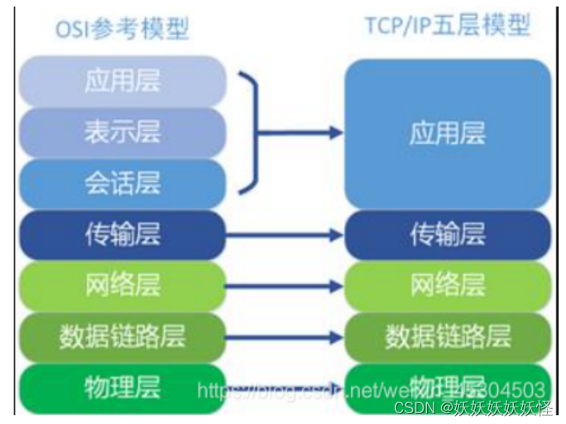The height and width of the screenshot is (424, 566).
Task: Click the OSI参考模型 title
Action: point(122,29)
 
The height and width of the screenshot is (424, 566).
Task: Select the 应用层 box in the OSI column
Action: point(122,81)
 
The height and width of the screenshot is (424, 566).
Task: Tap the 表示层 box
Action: point(122,132)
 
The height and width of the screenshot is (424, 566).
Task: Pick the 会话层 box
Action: point(122,183)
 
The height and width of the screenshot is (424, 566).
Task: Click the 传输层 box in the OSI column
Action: point(122,235)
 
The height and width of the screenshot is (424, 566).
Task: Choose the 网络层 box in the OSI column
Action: point(122,286)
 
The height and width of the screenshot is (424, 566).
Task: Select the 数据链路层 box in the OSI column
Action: point(122,336)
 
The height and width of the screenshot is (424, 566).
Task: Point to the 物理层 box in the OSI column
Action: point(122,387)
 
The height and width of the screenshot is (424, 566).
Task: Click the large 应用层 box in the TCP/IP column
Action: point(447,132)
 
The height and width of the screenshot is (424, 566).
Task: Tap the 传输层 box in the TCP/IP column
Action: point(447,235)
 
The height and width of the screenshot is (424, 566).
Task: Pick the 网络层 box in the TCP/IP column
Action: point(447,286)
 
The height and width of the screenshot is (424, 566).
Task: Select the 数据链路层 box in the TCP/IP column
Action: point(447,336)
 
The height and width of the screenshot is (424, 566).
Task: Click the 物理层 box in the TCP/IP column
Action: point(447,387)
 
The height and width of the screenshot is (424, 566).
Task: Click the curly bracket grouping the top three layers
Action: point(251,132)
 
